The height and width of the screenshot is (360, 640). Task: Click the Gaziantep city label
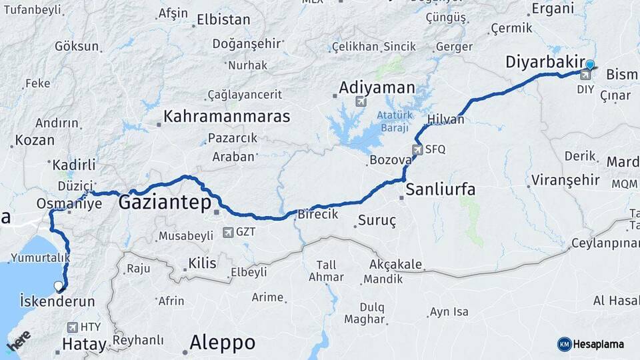tap(164, 203)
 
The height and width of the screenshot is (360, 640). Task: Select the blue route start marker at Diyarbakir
tap(589, 65)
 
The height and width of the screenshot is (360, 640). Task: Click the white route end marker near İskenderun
tap(59, 286)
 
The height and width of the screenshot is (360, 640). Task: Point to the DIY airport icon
tap(585, 75)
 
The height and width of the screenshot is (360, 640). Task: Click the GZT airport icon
tap(229, 233)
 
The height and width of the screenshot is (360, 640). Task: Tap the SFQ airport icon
tap(417, 149)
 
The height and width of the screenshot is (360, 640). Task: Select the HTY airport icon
tap(72, 327)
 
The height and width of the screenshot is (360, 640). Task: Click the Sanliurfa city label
tap(441, 189)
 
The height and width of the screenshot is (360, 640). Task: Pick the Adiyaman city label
tap(377, 87)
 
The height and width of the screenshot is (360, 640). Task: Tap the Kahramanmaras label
tap(227, 116)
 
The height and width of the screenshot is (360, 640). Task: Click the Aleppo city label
tap(222, 343)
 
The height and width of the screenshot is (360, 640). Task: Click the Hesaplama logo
tap(591, 344)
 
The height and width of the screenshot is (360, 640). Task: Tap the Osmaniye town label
tap(69, 203)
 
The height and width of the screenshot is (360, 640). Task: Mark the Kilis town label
tap(202, 263)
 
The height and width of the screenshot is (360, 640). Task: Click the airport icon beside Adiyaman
tap(361, 102)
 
